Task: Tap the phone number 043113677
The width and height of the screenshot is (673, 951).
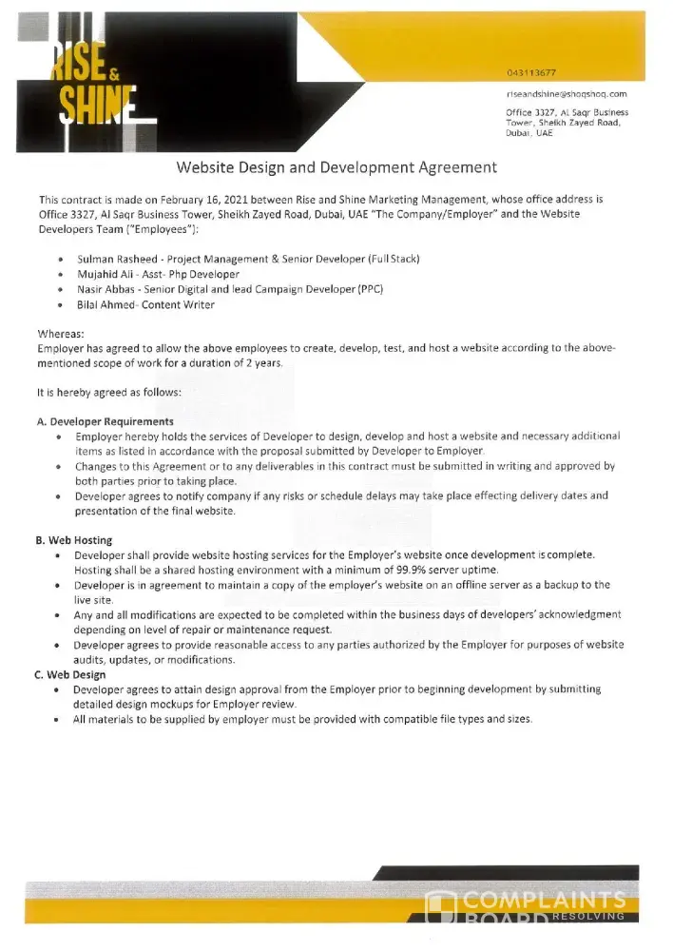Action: point(531,73)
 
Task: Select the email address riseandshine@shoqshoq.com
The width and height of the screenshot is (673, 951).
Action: point(567,95)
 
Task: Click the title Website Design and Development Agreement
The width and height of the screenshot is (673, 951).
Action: point(336,167)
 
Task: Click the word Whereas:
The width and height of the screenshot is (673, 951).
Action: point(61,335)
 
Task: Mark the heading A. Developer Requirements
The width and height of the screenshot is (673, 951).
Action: point(105,421)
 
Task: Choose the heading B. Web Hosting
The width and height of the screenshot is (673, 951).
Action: point(74,540)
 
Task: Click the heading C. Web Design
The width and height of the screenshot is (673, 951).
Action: point(71,674)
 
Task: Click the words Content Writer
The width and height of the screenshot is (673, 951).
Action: point(181,304)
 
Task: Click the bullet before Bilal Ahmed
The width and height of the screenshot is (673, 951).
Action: point(62,305)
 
